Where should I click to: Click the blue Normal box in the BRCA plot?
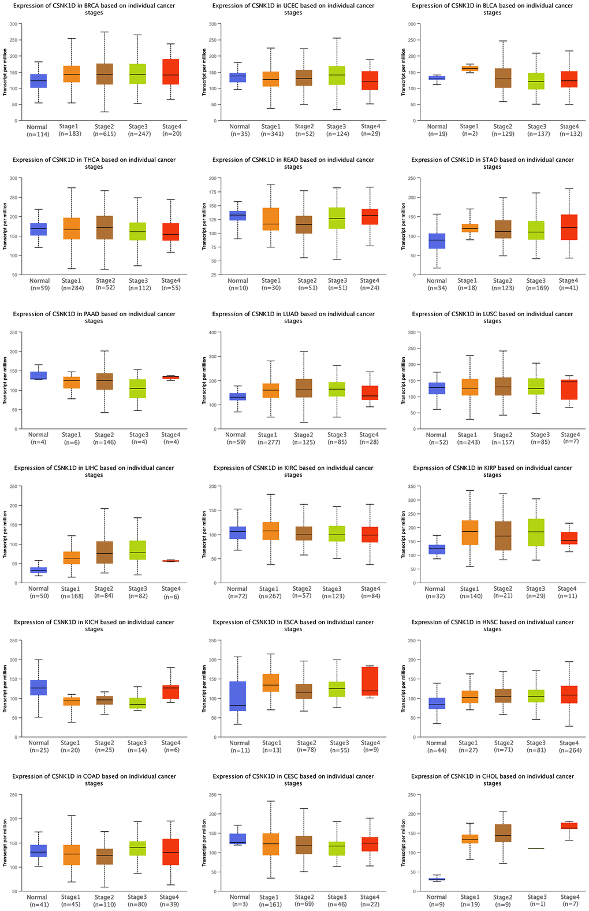(39, 81)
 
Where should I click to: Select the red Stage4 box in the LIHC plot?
(171, 561)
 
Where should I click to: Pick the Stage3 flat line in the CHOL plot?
(536, 849)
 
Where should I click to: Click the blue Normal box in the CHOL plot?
(437, 879)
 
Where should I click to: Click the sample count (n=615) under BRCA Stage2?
(105, 134)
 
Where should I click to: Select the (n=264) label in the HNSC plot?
(569, 750)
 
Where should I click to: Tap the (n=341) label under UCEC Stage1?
(271, 134)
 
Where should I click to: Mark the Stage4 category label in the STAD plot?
(569, 280)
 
